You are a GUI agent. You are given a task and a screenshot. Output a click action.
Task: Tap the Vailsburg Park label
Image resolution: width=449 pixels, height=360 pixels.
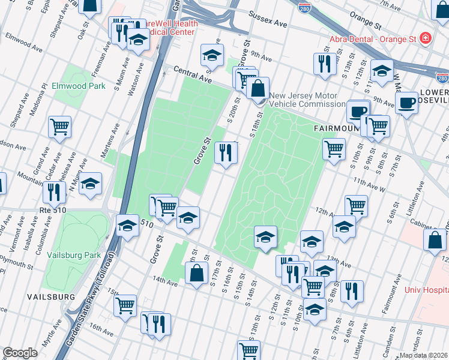[75, 254]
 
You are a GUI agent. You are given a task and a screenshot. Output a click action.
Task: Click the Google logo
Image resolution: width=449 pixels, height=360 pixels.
[20, 353]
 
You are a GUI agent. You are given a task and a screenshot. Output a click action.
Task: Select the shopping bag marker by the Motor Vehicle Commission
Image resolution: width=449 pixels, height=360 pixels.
[258, 89]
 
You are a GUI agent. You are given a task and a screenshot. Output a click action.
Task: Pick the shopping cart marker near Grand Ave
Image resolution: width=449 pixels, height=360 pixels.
[59, 127]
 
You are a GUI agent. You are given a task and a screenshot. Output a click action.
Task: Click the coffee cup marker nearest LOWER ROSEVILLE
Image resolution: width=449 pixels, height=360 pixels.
[406, 103]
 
